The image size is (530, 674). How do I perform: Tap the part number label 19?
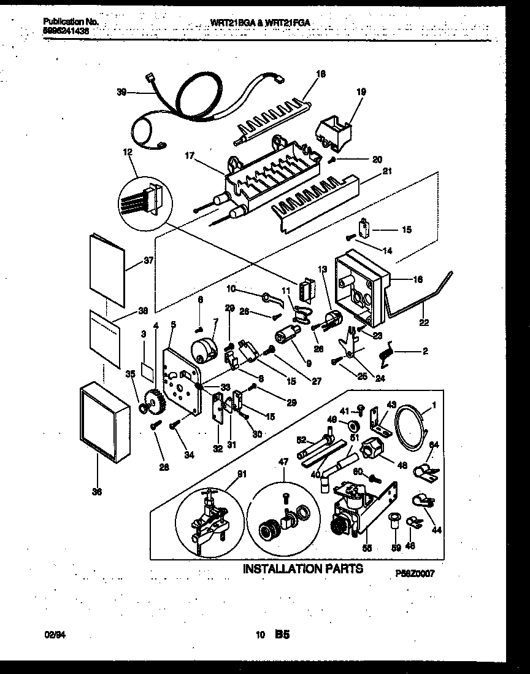361,92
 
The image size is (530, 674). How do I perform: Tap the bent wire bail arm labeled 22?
423,301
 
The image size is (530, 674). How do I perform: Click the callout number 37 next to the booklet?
149,261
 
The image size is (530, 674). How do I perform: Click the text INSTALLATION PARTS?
302,568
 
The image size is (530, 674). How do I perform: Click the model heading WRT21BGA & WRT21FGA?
260,22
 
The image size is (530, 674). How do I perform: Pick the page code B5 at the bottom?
282,637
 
